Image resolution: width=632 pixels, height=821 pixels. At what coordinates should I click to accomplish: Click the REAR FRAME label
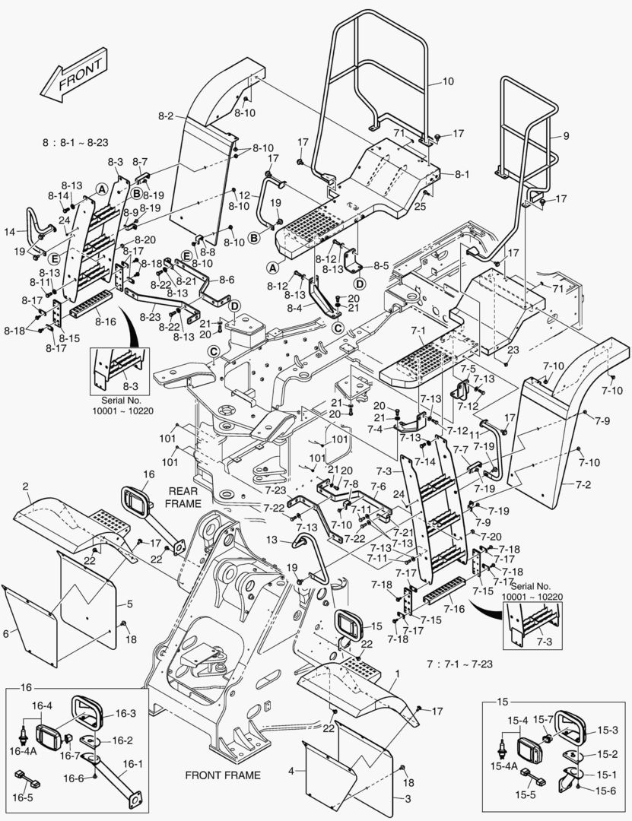click(183, 497)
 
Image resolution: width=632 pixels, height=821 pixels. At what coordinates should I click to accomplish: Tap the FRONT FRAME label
click(223, 775)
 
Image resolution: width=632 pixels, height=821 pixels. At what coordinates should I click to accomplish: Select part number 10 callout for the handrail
click(448, 81)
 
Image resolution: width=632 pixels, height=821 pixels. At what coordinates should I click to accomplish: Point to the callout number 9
click(566, 136)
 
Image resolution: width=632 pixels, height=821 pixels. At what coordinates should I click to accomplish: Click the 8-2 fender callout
click(166, 116)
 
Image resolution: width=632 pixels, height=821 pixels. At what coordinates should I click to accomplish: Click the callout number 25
click(421, 207)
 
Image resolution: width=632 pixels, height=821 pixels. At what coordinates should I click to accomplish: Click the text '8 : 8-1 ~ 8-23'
click(75, 142)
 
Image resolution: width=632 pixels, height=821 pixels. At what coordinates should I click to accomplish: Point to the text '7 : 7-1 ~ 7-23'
click(460, 664)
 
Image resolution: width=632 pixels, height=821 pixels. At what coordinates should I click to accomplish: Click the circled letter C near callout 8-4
click(338, 328)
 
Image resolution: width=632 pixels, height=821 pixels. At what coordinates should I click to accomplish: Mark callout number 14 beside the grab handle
click(8, 230)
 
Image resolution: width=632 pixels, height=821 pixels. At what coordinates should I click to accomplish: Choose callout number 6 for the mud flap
click(6, 633)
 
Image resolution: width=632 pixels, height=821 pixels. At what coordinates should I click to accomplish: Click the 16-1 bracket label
click(132, 764)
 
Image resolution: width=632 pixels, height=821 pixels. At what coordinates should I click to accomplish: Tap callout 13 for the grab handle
click(272, 540)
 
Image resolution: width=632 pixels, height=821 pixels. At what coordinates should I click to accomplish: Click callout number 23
click(513, 350)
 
